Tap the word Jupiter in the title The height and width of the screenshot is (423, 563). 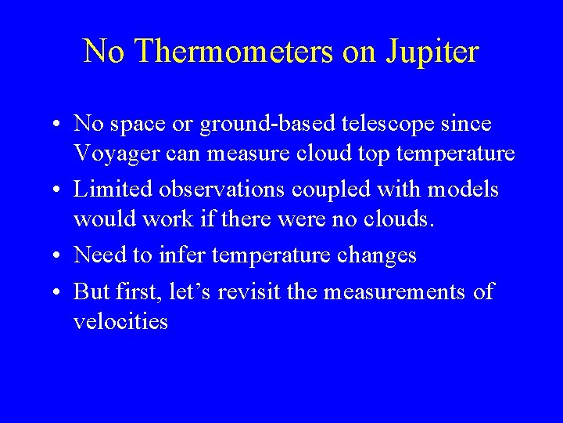431,52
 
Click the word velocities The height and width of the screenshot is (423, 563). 120,321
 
